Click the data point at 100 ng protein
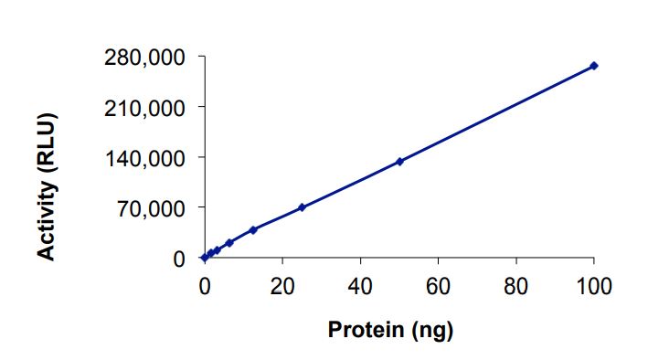594,66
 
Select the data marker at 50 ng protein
399,162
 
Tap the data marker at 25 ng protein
302,207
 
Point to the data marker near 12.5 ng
253,230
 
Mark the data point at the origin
204,259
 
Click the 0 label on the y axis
180,259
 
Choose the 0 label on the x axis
204,285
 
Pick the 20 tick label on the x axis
282,285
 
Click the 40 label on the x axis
360,285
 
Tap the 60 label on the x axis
439,285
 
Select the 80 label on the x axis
516,285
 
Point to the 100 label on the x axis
594,285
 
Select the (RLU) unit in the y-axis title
48,143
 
